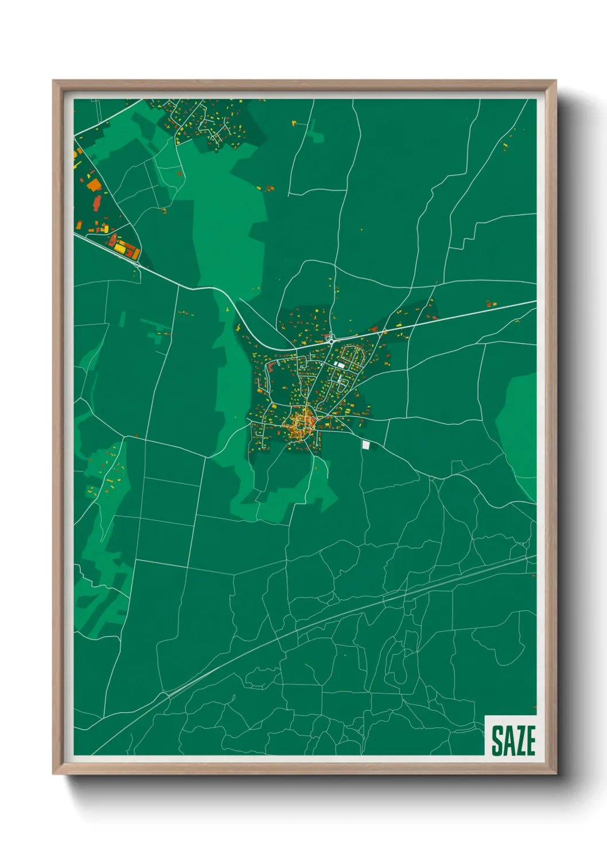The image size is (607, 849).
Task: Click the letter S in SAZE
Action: click(x=497, y=741)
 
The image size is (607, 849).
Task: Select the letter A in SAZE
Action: click(x=508, y=741)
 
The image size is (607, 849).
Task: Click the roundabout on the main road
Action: click(x=330, y=340)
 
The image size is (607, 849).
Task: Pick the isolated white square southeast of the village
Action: click(x=366, y=445)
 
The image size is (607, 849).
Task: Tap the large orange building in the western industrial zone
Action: click(x=94, y=185)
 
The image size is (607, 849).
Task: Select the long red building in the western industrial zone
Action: click(x=97, y=202)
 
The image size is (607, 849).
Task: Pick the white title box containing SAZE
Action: click(x=511, y=735)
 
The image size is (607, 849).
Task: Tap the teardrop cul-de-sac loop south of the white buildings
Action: click(x=344, y=381)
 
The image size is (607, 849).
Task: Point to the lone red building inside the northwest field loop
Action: click(x=180, y=173)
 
